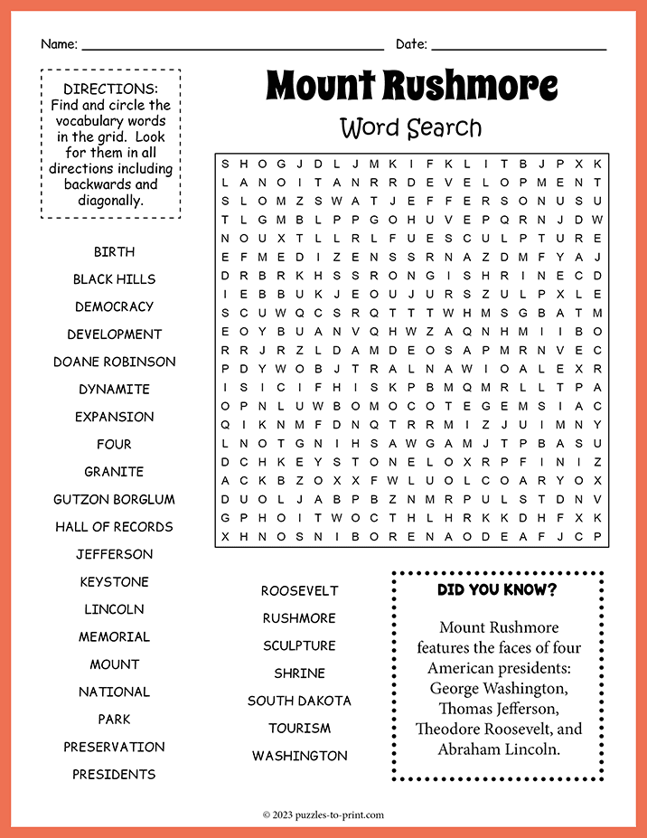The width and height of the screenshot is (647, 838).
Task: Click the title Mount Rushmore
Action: coord(411,87)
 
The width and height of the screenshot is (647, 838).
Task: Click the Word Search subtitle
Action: coord(411,128)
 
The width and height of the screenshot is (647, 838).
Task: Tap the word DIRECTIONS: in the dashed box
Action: coord(111,89)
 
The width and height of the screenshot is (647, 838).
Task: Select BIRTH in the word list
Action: coord(114,251)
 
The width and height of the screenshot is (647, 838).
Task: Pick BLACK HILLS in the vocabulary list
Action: coord(114,279)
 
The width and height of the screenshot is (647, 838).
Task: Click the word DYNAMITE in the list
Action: coord(114,389)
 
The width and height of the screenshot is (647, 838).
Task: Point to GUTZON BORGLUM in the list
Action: coord(114,499)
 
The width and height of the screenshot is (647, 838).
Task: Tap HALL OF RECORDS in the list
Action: coord(114,526)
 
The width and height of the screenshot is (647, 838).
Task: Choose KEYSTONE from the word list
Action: coord(114,581)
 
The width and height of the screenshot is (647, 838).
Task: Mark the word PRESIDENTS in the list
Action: coord(114,774)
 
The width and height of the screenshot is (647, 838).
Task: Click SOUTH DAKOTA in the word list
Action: coord(299,701)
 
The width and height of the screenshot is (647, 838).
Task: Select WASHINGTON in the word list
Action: coord(299,756)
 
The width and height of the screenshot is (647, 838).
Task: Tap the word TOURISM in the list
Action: coord(299,728)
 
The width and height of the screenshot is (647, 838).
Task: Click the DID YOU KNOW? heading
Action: coord(497,590)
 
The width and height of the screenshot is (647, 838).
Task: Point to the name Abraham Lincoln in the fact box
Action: coord(499,749)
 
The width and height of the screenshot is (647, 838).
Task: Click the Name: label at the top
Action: coord(59,44)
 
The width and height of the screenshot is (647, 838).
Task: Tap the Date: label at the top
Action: coord(411,44)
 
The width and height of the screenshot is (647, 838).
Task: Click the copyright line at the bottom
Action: coord(323,814)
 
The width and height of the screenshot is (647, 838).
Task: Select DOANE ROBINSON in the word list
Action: coord(114,362)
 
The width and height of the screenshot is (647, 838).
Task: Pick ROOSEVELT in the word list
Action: coord(299,590)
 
